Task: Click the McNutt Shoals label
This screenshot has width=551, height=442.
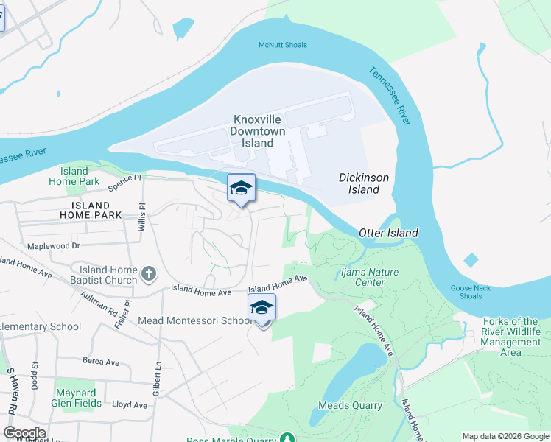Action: (x=282, y=46)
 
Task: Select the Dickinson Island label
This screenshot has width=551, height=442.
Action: (x=364, y=183)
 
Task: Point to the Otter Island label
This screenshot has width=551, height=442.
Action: (x=388, y=233)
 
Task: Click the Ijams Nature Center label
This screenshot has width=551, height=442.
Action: (x=375, y=277)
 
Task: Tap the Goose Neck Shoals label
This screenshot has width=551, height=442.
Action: (x=466, y=292)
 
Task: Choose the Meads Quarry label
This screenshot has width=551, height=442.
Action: (x=350, y=405)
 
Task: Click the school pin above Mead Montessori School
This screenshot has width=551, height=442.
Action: (x=262, y=307)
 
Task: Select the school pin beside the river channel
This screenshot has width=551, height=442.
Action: (x=241, y=188)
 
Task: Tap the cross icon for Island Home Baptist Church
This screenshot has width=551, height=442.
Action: (x=149, y=275)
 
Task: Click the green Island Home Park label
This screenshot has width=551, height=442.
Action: (x=74, y=176)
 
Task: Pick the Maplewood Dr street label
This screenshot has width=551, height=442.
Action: (x=53, y=245)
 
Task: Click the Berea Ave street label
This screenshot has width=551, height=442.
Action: (x=101, y=362)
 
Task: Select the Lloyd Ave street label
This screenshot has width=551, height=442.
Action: (x=130, y=404)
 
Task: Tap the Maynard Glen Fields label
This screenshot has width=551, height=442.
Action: (x=77, y=398)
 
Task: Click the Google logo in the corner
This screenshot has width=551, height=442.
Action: (x=24, y=433)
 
